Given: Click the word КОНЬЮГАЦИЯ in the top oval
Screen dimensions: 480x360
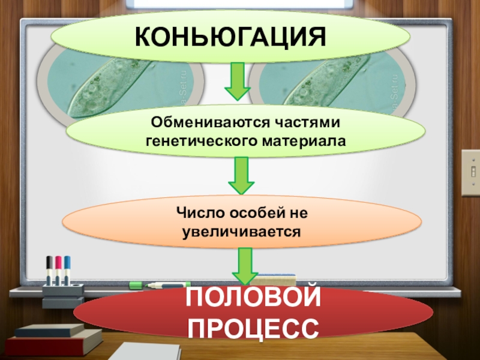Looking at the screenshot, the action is [x=231, y=37].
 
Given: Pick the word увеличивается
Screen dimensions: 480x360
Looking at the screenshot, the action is [x=240, y=230].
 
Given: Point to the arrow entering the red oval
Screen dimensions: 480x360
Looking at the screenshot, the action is [x=244, y=266].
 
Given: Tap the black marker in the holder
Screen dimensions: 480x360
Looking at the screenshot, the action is [x=49, y=270].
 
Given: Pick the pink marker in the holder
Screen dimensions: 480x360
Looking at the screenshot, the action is [x=58, y=270].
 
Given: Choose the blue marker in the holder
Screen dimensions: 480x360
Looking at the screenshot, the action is [x=67, y=270].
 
